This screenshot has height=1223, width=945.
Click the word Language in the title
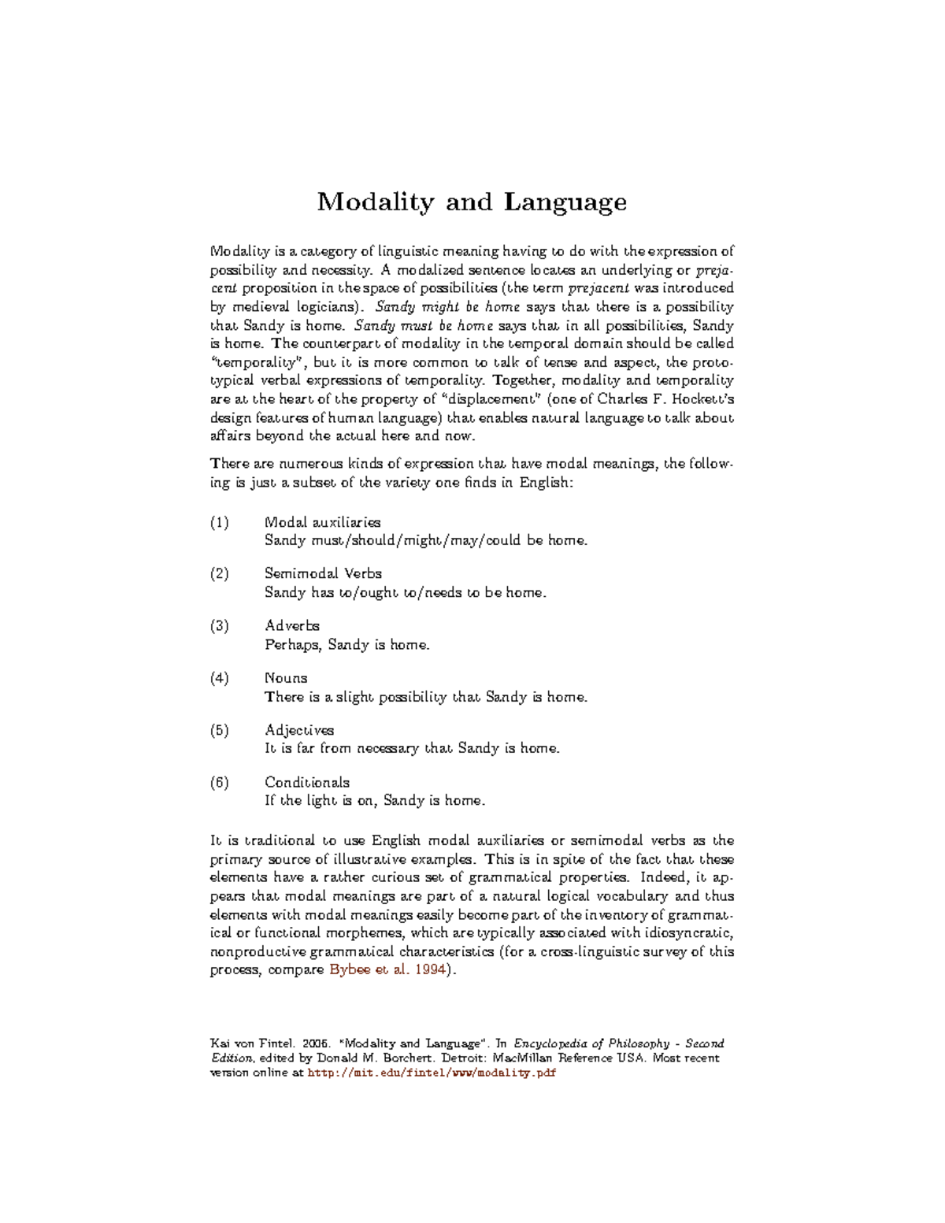565,203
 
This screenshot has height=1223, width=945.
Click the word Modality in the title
375,202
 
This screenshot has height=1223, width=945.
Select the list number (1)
220,522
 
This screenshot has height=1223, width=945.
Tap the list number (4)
220,678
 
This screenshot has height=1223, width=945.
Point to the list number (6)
220,782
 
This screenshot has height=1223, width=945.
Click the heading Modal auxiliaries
322,522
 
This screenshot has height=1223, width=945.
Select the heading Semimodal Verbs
323,573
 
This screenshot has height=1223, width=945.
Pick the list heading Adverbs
292,625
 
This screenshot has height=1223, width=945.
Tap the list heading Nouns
286,678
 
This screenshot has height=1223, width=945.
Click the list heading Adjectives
299,730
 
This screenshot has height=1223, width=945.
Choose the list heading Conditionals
307,782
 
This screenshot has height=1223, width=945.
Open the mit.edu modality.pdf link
432,1073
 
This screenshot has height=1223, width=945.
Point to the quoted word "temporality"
257,363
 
